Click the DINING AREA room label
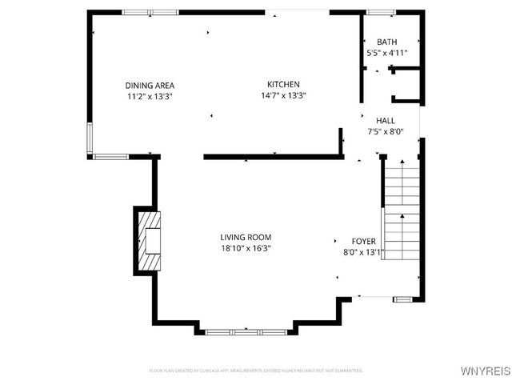pos(150,86)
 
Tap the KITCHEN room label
pos(283,84)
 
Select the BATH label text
pos(387,42)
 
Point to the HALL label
pos(386,121)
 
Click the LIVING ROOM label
pos(246,237)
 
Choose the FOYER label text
pos(364,241)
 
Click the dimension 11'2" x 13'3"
pos(150,96)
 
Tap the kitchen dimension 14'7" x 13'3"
pos(283,95)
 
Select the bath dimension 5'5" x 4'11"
pos(387,53)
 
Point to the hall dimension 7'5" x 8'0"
pos(386,132)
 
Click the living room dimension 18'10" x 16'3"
pos(246,248)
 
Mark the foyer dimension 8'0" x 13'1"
pos(364,252)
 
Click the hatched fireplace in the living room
pos(147,242)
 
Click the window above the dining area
pos(150,12)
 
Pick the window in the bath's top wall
pos(381,12)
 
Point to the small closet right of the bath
pos(406,85)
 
